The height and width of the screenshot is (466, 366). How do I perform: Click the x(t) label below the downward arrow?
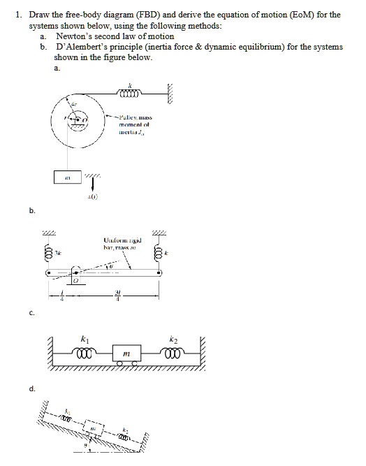point(91,196)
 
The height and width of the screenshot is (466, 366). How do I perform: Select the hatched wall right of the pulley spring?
point(168,90)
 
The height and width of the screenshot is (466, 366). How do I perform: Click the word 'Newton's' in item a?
point(73,35)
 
